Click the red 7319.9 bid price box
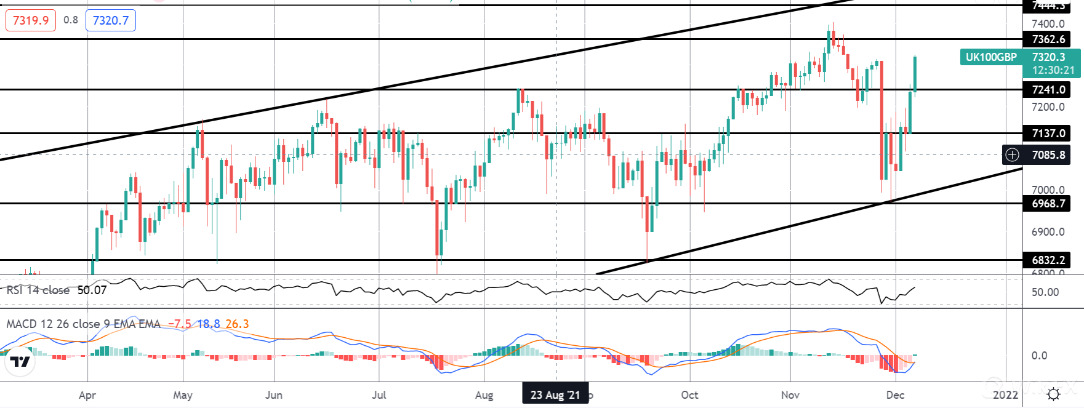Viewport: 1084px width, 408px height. pyautogui.click(x=31, y=20)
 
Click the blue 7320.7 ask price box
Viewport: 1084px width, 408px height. pyautogui.click(x=111, y=20)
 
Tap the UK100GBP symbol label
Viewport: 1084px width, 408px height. pyautogui.click(x=991, y=57)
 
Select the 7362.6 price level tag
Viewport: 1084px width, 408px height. pyautogui.click(x=1048, y=39)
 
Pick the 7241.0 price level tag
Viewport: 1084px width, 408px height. pyautogui.click(x=1048, y=90)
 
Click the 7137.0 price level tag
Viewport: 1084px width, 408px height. pyautogui.click(x=1048, y=134)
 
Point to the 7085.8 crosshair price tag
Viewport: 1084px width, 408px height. pyautogui.click(x=1048, y=155)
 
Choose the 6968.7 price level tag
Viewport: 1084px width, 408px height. pyautogui.click(x=1048, y=204)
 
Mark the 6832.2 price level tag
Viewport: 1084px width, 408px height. pyautogui.click(x=1048, y=260)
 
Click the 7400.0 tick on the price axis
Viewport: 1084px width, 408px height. pyautogui.click(x=1048, y=24)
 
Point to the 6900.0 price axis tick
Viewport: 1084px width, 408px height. pyautogui.click(x=1048, y=232)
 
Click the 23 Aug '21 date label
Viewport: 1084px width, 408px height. pyautogui.click(x=555, y=394)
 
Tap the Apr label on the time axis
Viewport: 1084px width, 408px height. pyautogui.click(x=87, y=395)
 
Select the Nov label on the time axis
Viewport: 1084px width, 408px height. pyautogui.click(x=790, y=395)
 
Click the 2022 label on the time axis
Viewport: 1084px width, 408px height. pyautogui.click(x=1005, y=395)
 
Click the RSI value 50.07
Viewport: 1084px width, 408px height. pyautogui.click(x=92, y=290)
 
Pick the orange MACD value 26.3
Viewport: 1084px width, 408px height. pyautogui.click(x=237, y=324)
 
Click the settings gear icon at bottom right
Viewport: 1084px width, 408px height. pyautogui.click(x=1053, y=394)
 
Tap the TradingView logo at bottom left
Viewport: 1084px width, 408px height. pyautogui.click(x=20, y=362)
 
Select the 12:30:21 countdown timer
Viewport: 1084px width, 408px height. pyautogui.click(x=1053, y=70)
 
